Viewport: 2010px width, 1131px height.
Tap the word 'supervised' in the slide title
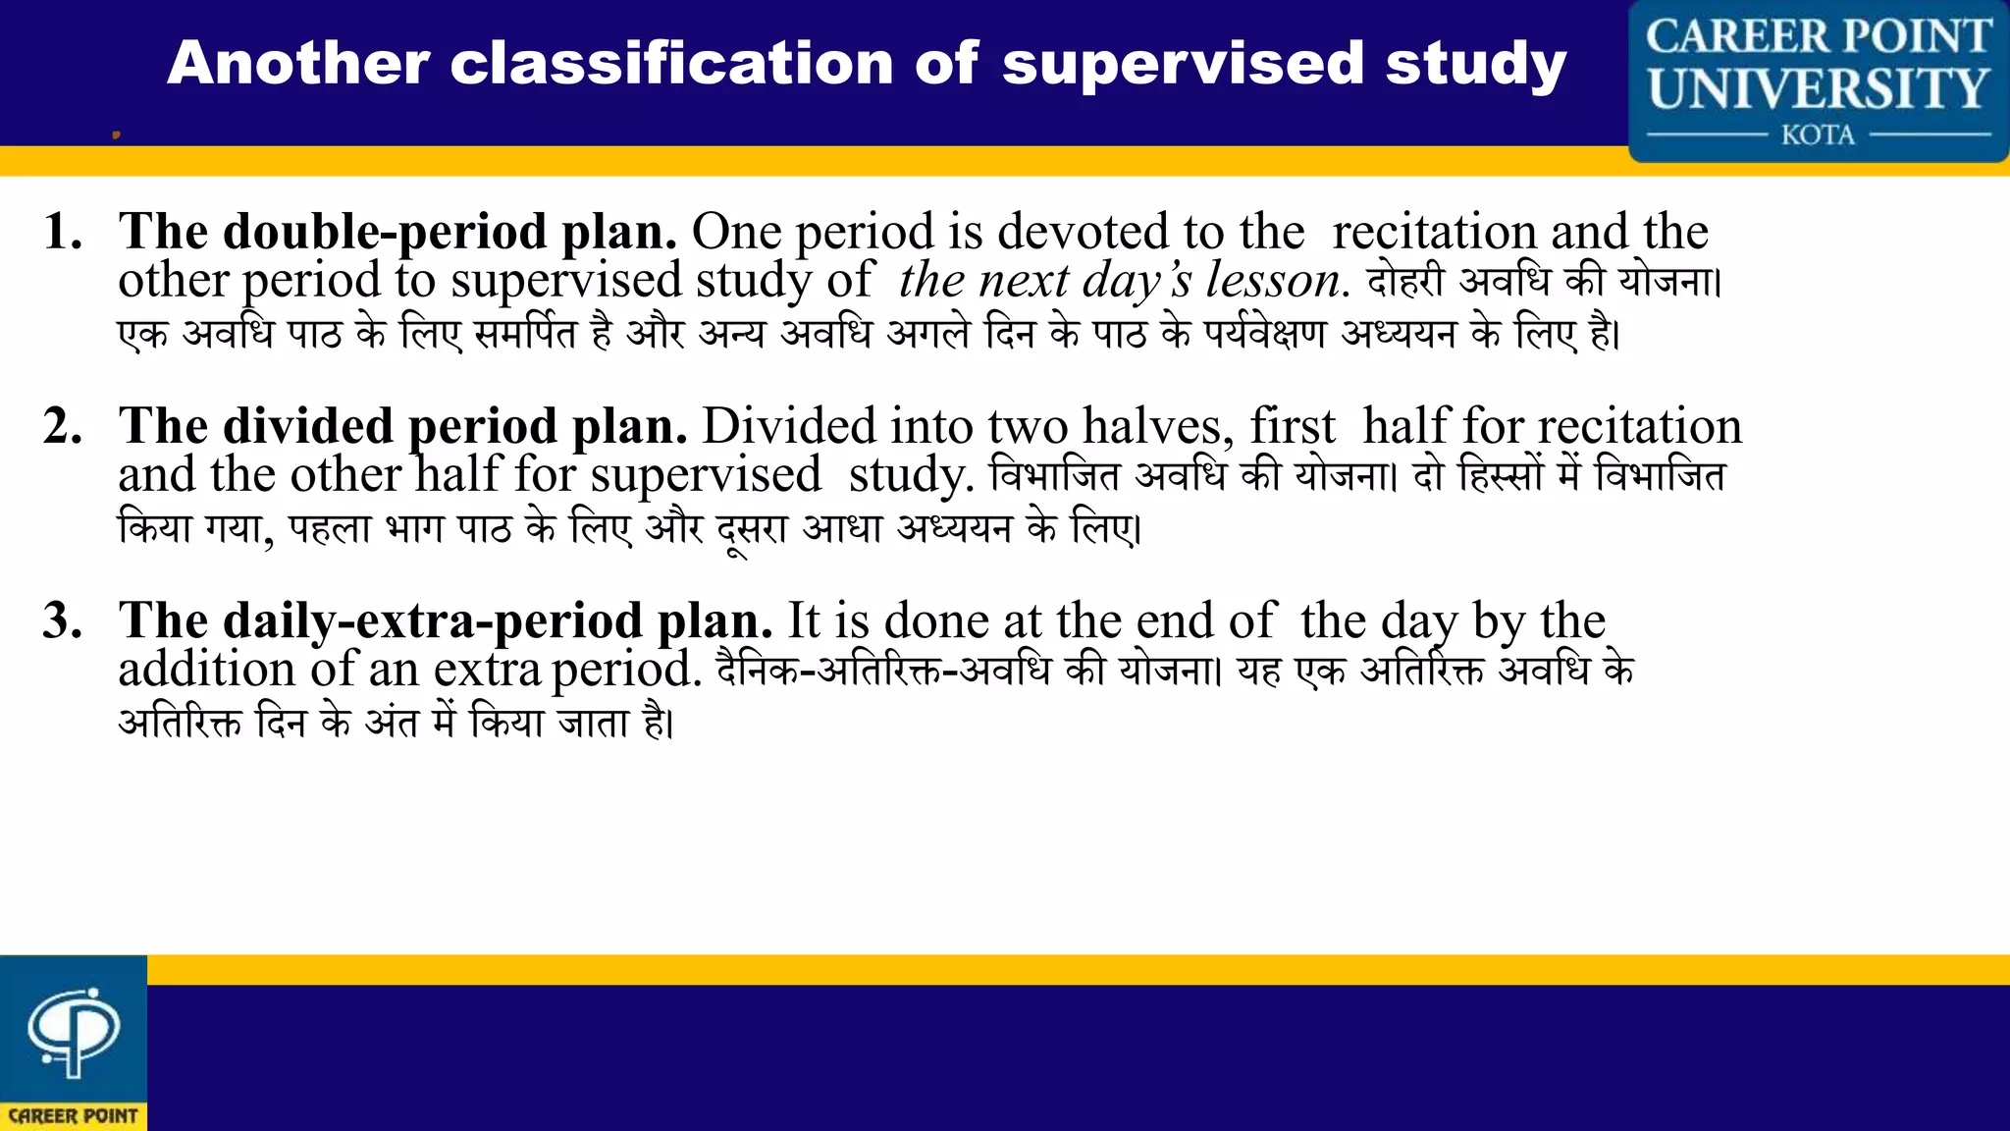1183,64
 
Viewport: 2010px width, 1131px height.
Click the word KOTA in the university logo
1818,135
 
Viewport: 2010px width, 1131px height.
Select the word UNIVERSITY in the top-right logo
1818,88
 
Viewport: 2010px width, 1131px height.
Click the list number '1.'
63,233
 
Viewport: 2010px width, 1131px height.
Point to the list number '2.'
63,427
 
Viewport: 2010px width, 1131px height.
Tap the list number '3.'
63,621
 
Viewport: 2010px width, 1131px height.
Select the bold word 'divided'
308,427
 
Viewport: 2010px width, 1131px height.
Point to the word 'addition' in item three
206,671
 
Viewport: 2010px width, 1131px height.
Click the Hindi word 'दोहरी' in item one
1405,282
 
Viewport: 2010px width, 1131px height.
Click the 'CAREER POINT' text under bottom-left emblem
74,1116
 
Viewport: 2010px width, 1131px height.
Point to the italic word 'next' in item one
1023,281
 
